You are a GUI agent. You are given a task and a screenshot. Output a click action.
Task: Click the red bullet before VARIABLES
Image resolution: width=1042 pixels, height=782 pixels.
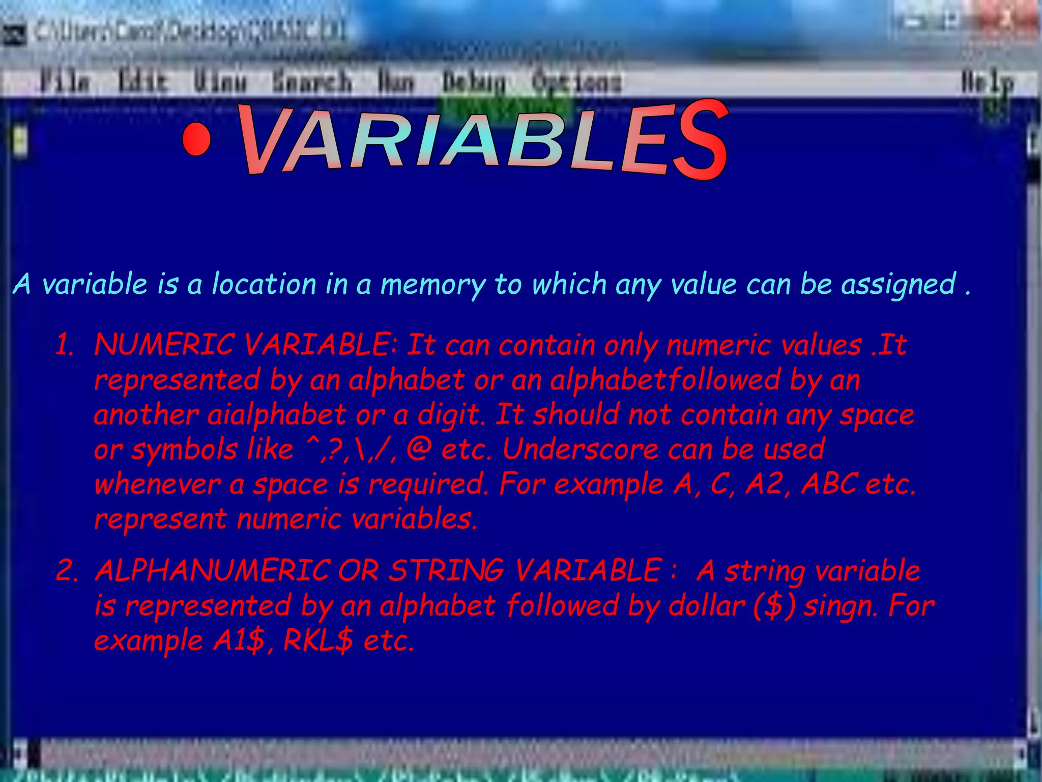pyautogui.click(x=196, y=139)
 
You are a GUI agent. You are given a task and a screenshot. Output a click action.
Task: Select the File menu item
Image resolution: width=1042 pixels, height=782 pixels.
pyautogui.click(x=66, y=82)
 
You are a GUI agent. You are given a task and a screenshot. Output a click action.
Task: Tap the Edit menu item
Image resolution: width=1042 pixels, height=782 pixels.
pyautogui.click(x=143, y=82)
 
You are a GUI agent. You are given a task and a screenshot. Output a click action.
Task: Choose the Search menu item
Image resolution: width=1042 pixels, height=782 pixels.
pyautogui.click(x=312, y=82)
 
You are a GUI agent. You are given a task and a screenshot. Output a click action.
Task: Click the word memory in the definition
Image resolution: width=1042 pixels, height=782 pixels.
pyautogui.click(x=433, y=285)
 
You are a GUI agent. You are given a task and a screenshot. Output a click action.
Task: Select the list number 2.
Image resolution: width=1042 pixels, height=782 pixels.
pyautogui.click(x=67, y=570)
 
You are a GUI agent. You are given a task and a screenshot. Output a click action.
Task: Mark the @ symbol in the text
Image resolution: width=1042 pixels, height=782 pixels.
pyautogui.click(x=419, y=450)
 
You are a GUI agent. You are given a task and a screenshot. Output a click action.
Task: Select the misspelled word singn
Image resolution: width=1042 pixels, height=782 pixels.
pyautogui.click(x=841, y=606)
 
